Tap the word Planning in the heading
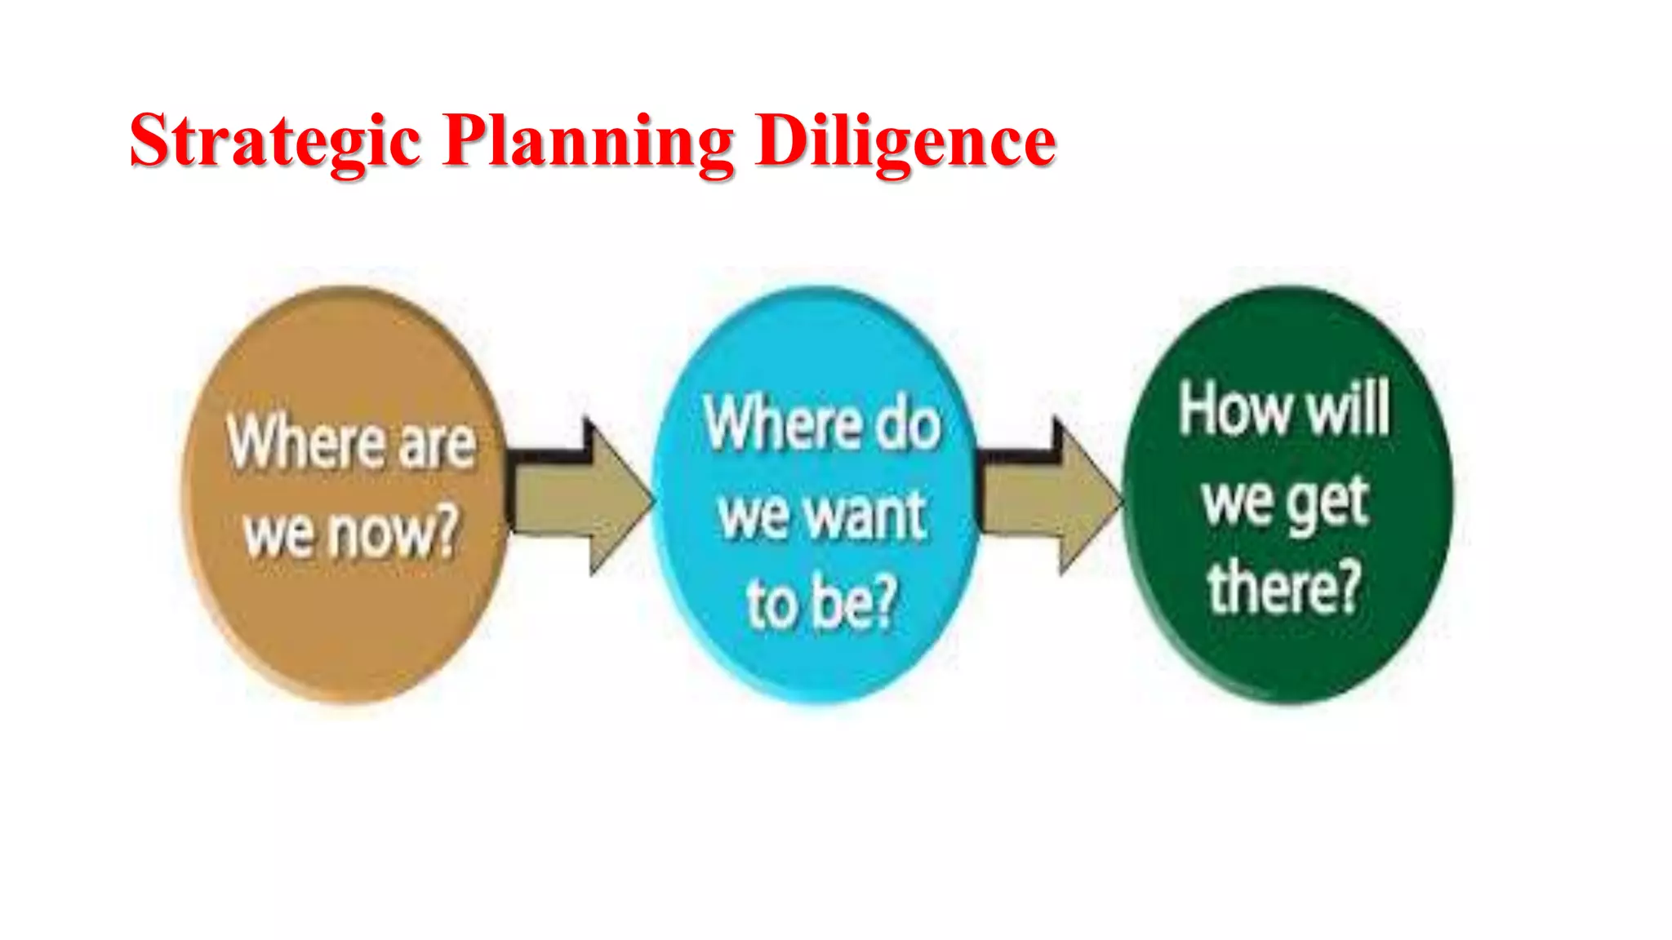coord(589,142)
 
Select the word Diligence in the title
coord(905,142)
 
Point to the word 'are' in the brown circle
coord(438,444)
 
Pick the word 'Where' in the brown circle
coord(306,442)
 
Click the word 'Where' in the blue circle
coord(783,423)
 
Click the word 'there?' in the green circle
coord(1285,586)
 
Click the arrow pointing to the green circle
coord(1050,498)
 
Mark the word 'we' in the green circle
coord(1237,500)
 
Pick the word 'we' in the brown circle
coord(278,535)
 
